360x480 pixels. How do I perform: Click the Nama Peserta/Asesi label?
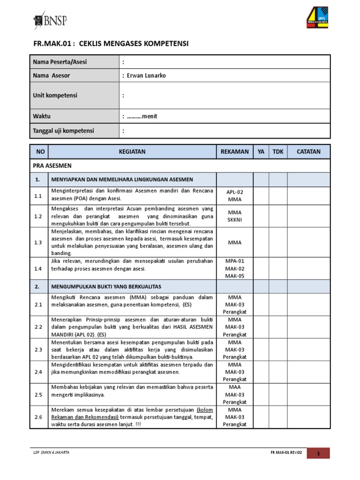[x=60, y=62]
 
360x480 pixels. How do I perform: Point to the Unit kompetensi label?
[x=55, y=96]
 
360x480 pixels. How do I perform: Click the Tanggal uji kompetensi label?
[x=63, y=131]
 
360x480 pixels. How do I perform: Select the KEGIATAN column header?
[x=132, y=151]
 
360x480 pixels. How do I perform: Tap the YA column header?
[x=261, y=151]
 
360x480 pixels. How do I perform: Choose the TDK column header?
[x=278, y=151]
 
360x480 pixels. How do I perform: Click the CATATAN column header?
[x=308, y=151]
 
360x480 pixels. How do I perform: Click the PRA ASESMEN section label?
[x=52, y=165]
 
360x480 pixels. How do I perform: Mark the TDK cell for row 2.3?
[x=278, y=350]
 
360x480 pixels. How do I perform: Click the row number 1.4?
[x=38, y=269]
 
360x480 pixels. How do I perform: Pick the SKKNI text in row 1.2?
[x=234, y=220]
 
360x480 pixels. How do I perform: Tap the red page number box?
[x=318, y=453]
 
